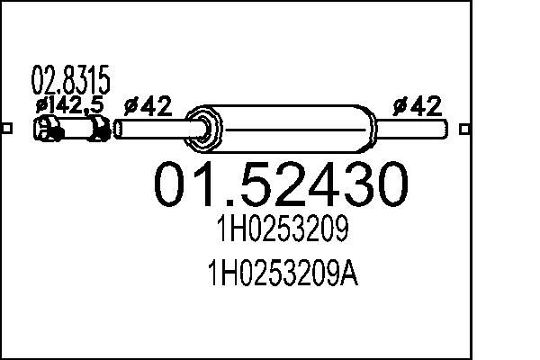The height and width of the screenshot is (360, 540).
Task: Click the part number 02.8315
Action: click(x=71, y=82)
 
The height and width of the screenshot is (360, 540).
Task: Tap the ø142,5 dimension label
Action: click(x=69, y=105)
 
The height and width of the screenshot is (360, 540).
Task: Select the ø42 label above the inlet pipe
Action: click(x=147, y=107)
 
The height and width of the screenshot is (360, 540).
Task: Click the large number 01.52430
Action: click(x=280, y=184)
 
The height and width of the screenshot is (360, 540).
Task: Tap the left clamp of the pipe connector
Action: click(x=49, y=131)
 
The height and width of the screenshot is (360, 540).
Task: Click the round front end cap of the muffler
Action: click(x=205, y=128)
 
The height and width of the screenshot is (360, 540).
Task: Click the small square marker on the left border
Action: click(x=6, y=128)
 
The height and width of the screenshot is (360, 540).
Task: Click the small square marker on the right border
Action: click(x=463, y=128)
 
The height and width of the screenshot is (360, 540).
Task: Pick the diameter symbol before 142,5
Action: click(x=40, y=105)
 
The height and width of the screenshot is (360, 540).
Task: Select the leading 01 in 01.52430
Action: click(x=181, y=184)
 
